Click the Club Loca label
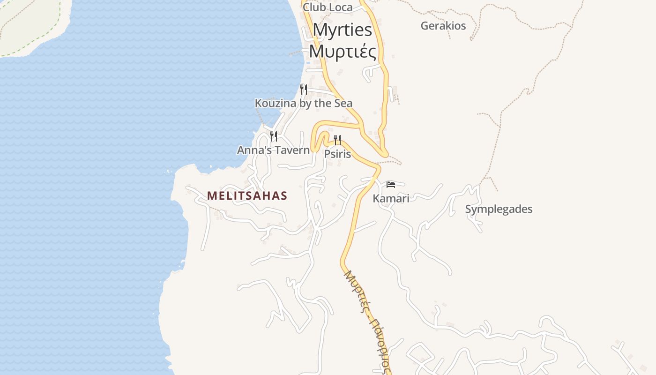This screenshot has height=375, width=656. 328,7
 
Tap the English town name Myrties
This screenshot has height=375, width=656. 343,30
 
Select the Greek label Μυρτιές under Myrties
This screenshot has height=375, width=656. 343,51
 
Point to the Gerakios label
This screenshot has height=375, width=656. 443,26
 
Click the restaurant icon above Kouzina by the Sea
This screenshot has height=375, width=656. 304,89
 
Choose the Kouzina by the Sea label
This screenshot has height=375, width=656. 304,103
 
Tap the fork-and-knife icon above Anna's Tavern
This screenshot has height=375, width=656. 274,136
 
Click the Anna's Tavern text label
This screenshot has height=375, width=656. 273,150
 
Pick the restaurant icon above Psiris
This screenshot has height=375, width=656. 337,140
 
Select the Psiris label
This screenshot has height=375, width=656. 337,154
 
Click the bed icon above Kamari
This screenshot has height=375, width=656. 391,184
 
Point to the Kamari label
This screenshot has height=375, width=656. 391,198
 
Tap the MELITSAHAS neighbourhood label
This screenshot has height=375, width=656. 247,196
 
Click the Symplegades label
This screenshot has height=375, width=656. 499,209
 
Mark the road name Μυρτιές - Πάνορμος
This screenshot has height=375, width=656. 368,321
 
